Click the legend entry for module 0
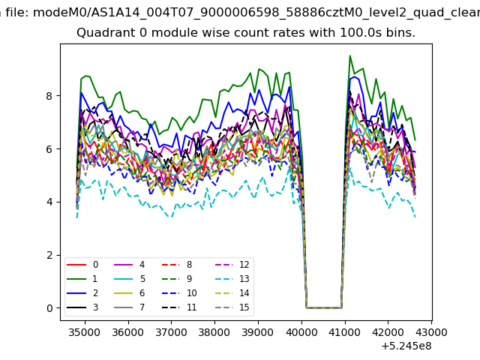(x=82, y=265)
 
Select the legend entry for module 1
(x=82, y=278)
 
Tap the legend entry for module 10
(x=179, y=293)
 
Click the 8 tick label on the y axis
(x=49, y=96)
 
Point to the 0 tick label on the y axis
(x=49, y=308)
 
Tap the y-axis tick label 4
(x=49, y=202)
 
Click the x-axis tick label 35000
(x=85, y=332)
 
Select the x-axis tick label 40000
(x=301, y=332)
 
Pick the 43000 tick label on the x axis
(x=431, y=332)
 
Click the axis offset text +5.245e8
(x=406, y=346)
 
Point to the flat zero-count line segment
(x=324, y=307)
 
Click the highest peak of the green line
(x=350, y=56)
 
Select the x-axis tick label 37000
(x=171, y=332)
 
